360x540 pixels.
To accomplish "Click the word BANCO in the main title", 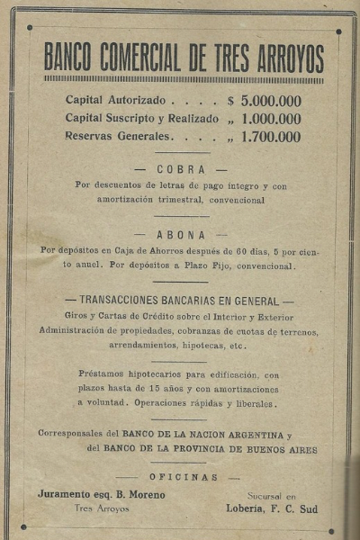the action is point(73,58).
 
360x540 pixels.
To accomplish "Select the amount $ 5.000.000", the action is point(265,101).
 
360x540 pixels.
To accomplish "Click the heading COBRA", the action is point(181,169).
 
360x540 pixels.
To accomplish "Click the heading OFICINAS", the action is point(184,477).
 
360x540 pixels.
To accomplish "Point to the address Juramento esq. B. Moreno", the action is point(102,494).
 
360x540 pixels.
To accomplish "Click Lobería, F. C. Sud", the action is point(271,508).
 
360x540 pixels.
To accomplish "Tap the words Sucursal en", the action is point(271,496).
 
